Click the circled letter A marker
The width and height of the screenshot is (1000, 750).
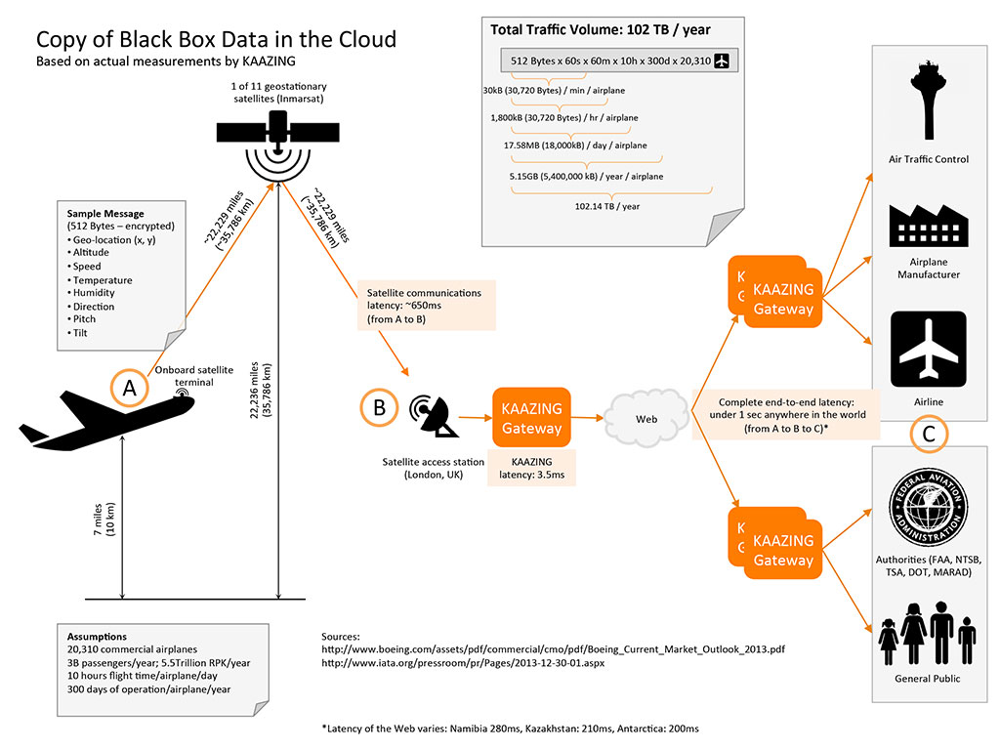(x=130, y=389)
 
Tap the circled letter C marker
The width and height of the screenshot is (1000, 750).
(x=928, y=435)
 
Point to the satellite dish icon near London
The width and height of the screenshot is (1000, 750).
(x=434, y=416)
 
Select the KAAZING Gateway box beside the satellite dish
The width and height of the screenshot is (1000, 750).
(x=532, y=418)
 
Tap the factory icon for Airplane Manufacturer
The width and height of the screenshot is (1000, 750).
(x=927, y=225)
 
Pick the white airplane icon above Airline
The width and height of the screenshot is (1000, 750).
(x=927, y=350)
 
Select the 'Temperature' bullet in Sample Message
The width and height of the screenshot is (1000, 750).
(x=103, y=280)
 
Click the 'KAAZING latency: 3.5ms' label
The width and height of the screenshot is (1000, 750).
(x=531, y=468)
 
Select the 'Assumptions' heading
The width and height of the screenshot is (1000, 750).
(x=97, y=637)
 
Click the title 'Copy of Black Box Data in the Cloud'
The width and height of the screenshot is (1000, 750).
(x=216, y=40)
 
